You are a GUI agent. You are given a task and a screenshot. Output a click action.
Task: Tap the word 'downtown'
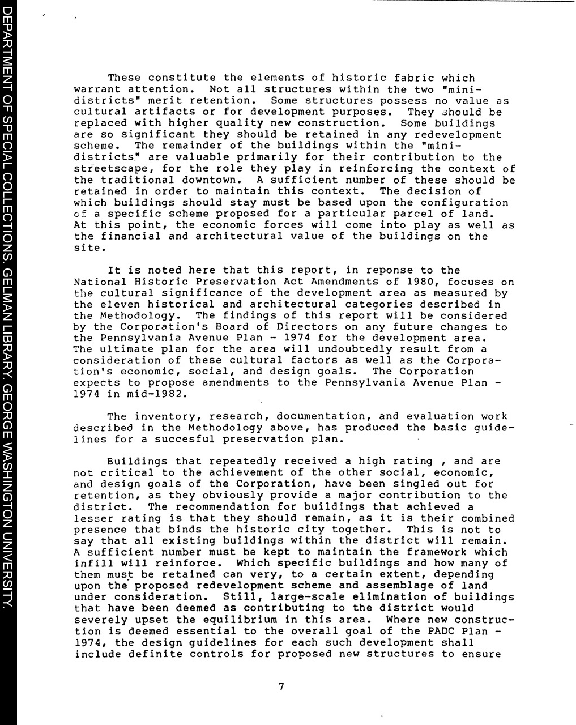tap(212, 180)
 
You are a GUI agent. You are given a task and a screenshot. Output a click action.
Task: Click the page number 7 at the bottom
tap(281, 687)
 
